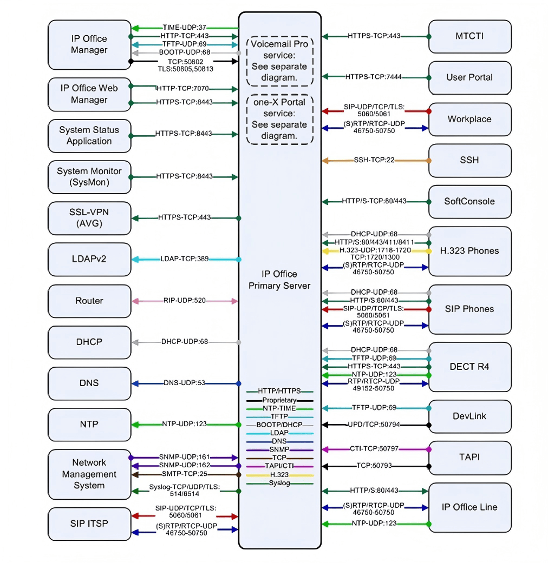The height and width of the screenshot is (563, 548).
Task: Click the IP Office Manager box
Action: click(x=89, y=44)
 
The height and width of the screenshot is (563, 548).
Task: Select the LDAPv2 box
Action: click(x=89, y=259)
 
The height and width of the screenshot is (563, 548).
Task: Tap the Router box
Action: click(x=89, y=301)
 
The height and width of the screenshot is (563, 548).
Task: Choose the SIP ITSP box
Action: click(x=89, y=524)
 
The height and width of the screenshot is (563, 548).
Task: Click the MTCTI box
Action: click(x=469, y=36)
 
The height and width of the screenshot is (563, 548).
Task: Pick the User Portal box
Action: click(x=469, y=77)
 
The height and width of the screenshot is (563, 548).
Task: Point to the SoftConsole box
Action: click(x=469, y=201)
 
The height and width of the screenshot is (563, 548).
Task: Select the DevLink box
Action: click(x=469, y=416)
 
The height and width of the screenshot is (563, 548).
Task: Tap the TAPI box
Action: click(x=469, y=457)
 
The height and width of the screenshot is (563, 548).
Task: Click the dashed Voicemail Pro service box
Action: click(x=279, y=61)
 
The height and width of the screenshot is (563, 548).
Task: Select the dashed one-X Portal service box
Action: click(x=279, y=119)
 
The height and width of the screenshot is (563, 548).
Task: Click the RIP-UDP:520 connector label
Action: click(x=184, y=301)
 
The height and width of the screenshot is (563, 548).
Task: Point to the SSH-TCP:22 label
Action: click(x=374, y=160)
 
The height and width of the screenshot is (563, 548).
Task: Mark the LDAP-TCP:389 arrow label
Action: click(x=185, y=260)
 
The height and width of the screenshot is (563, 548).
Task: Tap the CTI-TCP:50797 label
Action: click(x=375, y=448)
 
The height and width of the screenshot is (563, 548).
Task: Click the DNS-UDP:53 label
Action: click(x=184, y=383)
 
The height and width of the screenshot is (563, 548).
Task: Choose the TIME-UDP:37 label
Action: click(x=185, y=28)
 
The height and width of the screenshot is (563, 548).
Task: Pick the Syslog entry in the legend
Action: click(x=279, y=483)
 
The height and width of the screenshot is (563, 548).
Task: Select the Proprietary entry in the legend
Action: click(x=279, y=400)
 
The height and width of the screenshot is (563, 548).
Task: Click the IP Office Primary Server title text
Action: click(x=279, y=280)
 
